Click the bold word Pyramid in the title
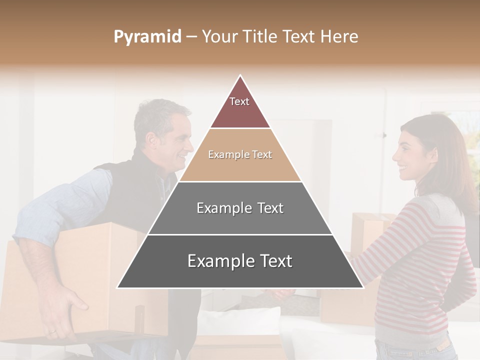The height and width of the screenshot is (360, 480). click(147, 37)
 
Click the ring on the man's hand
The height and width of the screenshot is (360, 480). click(52, 330)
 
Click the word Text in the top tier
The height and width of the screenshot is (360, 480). click(239, 101)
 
